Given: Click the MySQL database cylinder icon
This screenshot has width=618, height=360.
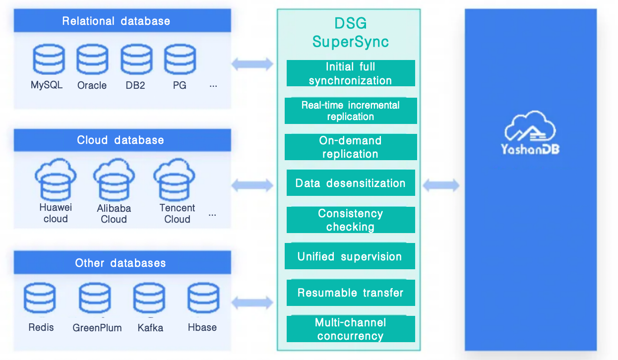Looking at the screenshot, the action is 49,60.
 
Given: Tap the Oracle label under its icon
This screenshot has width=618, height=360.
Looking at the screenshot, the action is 92,85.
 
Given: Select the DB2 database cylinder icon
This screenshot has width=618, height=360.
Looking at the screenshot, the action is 136,60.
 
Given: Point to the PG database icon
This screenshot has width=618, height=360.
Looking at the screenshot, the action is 180,60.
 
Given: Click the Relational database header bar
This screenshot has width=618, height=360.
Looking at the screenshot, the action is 123,21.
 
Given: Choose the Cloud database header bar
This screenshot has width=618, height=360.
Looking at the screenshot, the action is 123,140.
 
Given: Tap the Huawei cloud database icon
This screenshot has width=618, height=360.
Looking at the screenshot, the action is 56,180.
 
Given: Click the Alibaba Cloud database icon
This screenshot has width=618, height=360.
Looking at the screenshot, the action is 114,180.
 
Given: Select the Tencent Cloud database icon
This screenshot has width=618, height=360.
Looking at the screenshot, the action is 175,180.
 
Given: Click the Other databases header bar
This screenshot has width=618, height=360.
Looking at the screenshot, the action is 123,263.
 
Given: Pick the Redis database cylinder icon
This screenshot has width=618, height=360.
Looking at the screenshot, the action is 40,298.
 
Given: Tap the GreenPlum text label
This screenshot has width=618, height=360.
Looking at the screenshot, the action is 97,328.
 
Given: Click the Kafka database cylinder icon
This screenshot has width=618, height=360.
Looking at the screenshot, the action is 149,298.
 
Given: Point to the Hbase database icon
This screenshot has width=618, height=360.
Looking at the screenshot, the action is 203,298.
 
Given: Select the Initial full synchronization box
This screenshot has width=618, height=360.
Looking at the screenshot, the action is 351,73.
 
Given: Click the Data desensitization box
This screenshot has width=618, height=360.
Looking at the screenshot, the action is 351,182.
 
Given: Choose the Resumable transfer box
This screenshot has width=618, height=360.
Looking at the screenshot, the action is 351,293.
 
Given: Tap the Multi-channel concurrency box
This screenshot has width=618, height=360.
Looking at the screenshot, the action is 351,329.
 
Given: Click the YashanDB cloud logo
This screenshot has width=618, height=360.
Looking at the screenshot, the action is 530,133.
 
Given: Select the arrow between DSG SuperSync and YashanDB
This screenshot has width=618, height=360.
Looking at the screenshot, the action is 441,185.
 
